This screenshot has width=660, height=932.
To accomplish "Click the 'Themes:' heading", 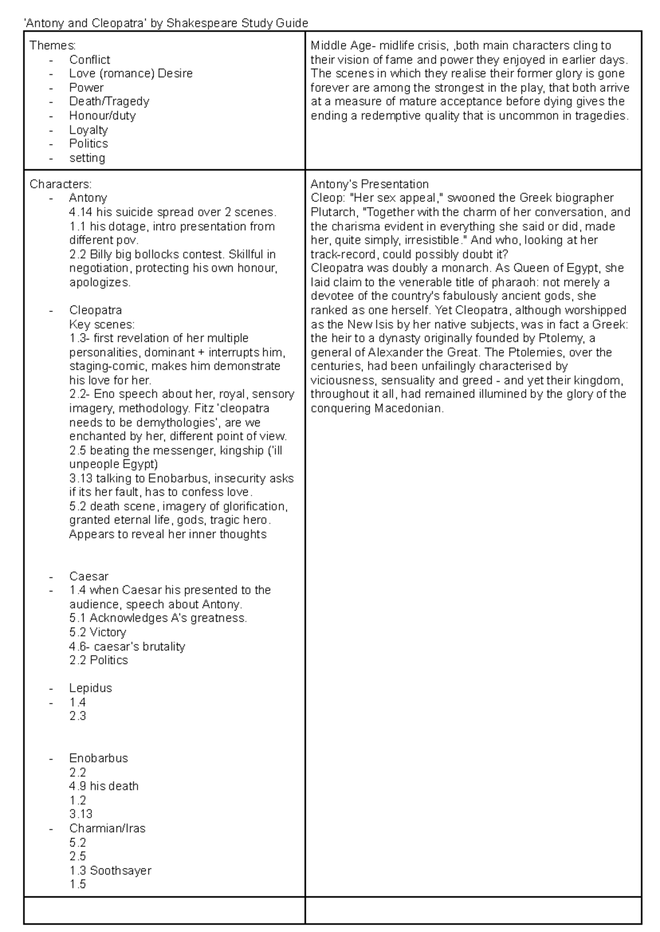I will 53,45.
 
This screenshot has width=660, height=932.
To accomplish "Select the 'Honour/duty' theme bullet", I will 102,116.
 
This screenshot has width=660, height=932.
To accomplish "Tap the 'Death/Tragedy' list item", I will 109,101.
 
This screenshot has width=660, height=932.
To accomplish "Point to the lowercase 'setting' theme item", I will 87,158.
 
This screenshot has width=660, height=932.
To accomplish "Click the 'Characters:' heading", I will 61,184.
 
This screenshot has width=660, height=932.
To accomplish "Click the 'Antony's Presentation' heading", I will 369,184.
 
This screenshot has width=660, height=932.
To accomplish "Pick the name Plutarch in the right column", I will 332,212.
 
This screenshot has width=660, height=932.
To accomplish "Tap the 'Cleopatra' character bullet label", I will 95,310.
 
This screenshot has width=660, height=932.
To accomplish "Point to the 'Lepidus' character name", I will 90,688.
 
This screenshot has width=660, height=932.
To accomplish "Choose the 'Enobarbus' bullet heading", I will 98,758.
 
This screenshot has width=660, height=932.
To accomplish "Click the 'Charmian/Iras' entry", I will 107,829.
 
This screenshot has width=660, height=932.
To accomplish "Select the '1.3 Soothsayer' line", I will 110,870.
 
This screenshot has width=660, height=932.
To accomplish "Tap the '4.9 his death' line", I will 104,786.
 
